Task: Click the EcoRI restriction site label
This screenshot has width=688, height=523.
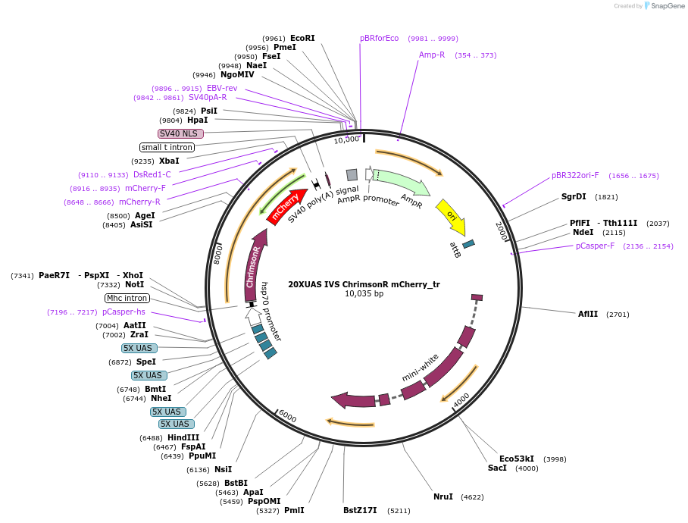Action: click(x=302, y=38)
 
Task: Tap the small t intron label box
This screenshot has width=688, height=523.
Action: click(x=167, y=147)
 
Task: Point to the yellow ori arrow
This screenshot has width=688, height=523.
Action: click(x=452, y=217)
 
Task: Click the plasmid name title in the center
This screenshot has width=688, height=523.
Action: click(x=364, y=284)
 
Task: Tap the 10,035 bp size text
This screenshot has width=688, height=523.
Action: click(x=364, y=294)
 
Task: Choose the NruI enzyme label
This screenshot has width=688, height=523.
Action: click(x=443, y=497)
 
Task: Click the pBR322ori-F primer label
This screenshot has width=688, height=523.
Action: click(x=575, y=175)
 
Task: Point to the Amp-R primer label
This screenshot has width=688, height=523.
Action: click(x=432, y=55)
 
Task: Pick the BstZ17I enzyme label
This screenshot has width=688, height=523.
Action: click(x=360, y=511)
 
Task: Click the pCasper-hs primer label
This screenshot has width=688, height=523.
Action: click(x=124, y=312)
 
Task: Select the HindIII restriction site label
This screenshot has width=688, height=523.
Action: click(x=183, y=437)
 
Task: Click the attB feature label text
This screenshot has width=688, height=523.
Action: click(x=455, y=250)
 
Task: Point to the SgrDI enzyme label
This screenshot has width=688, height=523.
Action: click(x=574, y=196)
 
